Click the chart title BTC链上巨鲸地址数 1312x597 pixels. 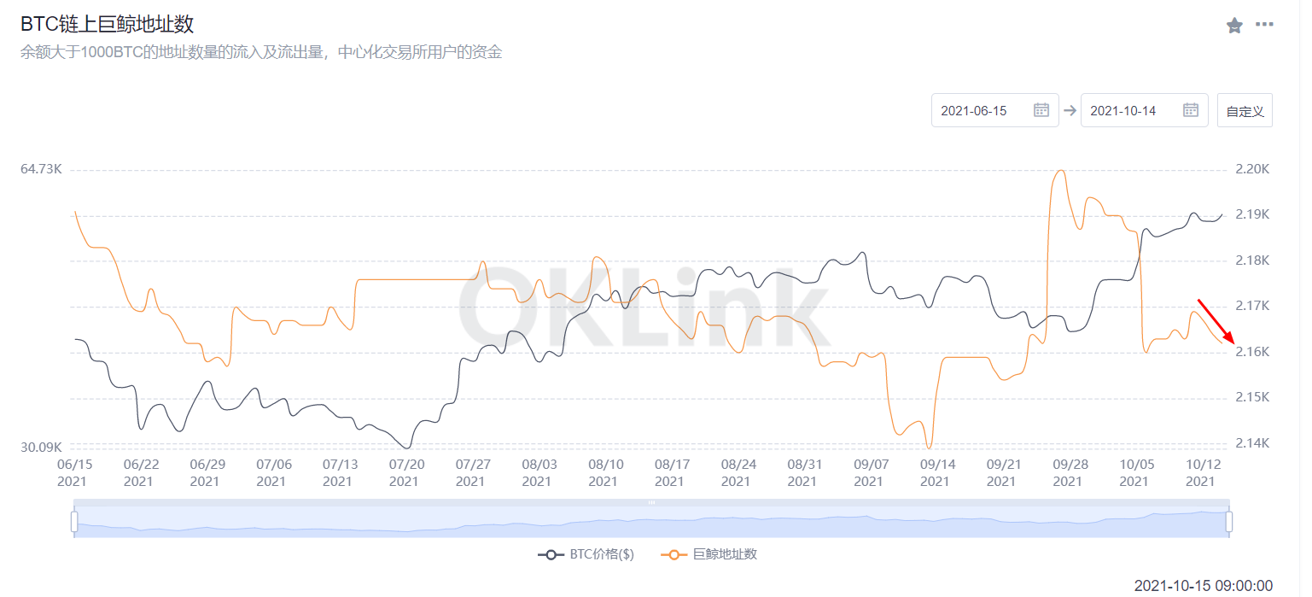(x=107, y=24)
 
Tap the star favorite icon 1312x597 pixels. (x=1234, y=26)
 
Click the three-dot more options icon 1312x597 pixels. (x=1264, y=25)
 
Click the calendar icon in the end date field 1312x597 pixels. (x=1191, y=110)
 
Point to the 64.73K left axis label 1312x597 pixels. (x=41, y=169)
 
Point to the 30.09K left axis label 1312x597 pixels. (x=41, y=447)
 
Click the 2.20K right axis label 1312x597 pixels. (x=1252, y=169)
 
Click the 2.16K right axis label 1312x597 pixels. (x=1252, y=352)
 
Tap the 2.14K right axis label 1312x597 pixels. (x=1252, y=443)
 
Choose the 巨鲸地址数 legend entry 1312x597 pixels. (x=709, y=554)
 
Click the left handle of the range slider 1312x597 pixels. (x=74, y=521)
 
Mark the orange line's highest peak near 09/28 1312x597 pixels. (x=1060, y=171)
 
